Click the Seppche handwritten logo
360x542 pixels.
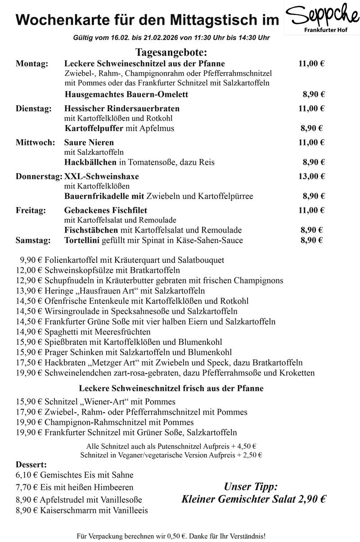pos(322,17)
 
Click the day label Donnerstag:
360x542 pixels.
pos(39,176)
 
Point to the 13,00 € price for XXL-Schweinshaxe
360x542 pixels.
pos(311,176)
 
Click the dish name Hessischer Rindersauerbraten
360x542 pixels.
pos(122,108)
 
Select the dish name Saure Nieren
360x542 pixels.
pos(89,143)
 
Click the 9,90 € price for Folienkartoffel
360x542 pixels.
pos(29,260)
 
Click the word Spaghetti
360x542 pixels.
pos(60,332)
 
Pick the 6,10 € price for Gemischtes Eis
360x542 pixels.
pos(27,475)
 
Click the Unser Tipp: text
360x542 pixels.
pos(251,487)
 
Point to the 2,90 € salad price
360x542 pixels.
pos(310,499)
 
